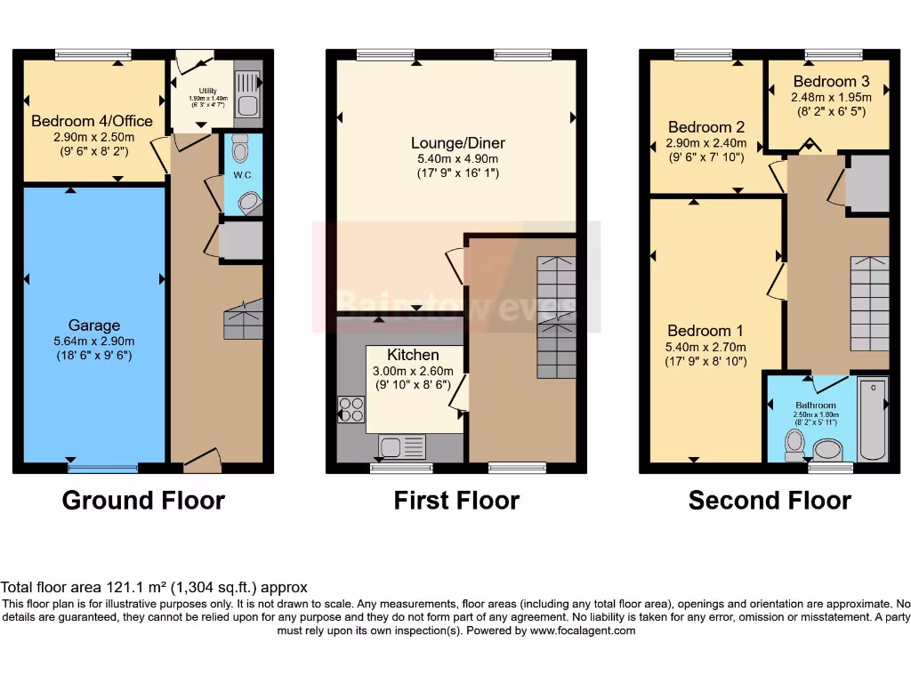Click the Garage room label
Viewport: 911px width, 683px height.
[x=93, y=325]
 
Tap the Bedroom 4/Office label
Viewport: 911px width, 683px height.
[x=92, y=121]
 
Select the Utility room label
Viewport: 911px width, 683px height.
[x=208, y=91]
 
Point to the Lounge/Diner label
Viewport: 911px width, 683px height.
[x=458, y=142]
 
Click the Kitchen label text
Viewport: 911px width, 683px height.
[x=413, y=355]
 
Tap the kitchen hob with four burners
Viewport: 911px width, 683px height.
[x=351, y=409]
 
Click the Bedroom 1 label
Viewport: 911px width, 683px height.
[x=706, y=332]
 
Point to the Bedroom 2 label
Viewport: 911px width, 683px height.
[x=705, y=127]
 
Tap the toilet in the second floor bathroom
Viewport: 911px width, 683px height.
[x=794, y=444]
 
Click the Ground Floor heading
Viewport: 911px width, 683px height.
[x=143, y=501]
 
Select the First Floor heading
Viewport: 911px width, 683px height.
[x=456, y=501]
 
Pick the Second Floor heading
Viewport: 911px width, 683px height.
[x=770, y=501]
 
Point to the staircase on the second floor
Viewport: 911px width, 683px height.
[x=869, y=303]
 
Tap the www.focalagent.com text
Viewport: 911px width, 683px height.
[x=583, y=631]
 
